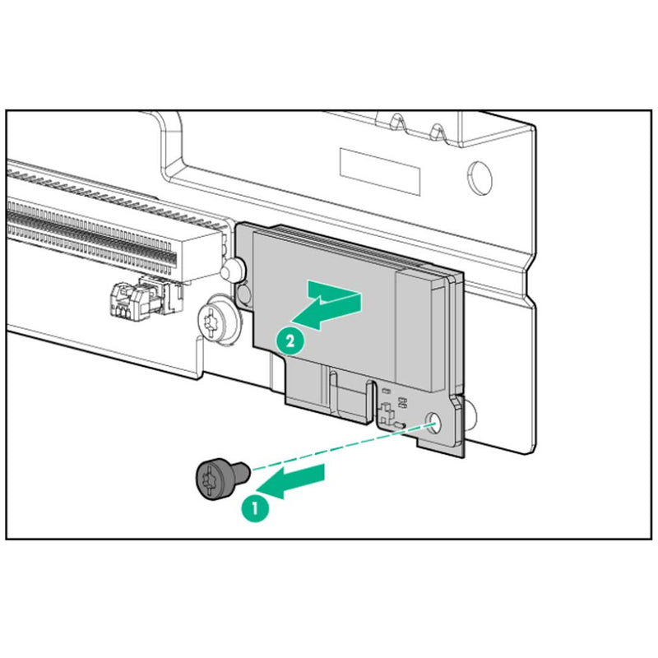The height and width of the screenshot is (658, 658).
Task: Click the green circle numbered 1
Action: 255,507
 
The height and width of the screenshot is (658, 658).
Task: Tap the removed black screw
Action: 219,480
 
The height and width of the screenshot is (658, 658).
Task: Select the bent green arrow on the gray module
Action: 329,304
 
